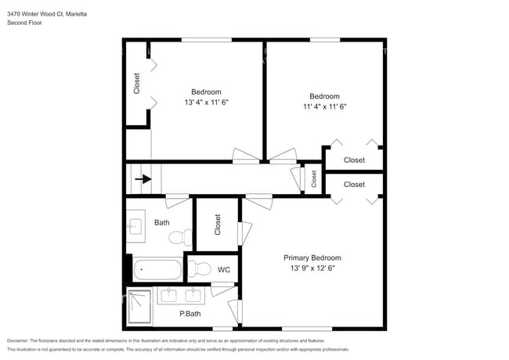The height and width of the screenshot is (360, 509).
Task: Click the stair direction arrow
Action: (143, 179)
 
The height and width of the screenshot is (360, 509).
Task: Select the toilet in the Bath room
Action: (179, 236)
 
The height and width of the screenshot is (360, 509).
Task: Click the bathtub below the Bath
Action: (157, 271)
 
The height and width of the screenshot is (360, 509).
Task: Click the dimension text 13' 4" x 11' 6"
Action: (206, 103)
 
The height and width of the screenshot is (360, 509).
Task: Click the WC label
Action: (223, 270)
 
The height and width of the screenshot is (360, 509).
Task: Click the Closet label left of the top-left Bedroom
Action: (136, 84)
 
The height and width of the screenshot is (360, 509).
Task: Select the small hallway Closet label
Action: (313, 178)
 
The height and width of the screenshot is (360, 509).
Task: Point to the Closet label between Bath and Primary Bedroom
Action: (218, 225)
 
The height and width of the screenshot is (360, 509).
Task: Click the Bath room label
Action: (161, 222)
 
